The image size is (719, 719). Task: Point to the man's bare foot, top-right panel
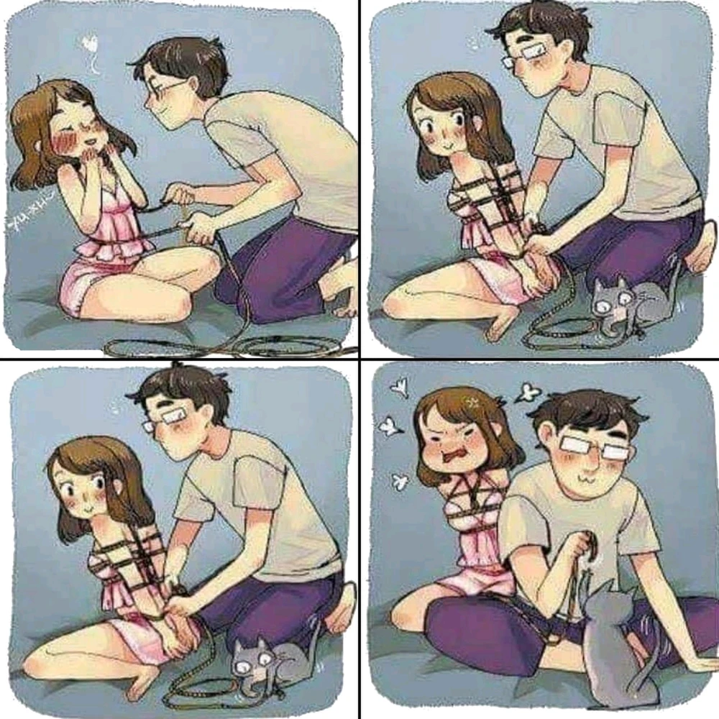tap(705, 248)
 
